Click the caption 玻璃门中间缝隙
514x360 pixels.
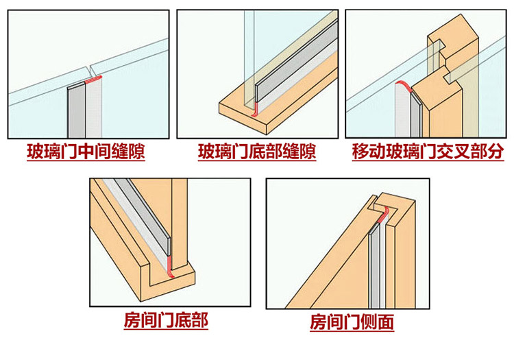pos(86,151)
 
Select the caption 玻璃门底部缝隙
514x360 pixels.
pos(257,151)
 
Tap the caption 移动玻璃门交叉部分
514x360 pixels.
pos(428,151)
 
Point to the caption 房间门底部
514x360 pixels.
pos(166,320)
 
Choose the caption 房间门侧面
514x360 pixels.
pos(352,322)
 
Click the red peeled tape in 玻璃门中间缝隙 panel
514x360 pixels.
pos(93,79)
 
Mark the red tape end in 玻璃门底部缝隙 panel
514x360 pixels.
pos(255,109)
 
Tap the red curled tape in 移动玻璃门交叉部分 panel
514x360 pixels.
pos(404,86)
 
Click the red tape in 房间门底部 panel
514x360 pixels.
pos(169,266)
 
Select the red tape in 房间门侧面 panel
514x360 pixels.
pos(383,214)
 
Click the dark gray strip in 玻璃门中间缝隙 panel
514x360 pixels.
pos(77,111)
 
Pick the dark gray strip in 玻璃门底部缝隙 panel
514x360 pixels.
pos(295,61)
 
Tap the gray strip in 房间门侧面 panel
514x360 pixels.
pos(374,265)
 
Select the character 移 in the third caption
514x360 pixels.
pos(360,151)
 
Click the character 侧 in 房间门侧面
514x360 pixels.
pos(369,322)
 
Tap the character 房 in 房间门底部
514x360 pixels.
pos(132,320)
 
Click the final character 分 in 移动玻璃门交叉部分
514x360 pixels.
pos(495,151)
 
